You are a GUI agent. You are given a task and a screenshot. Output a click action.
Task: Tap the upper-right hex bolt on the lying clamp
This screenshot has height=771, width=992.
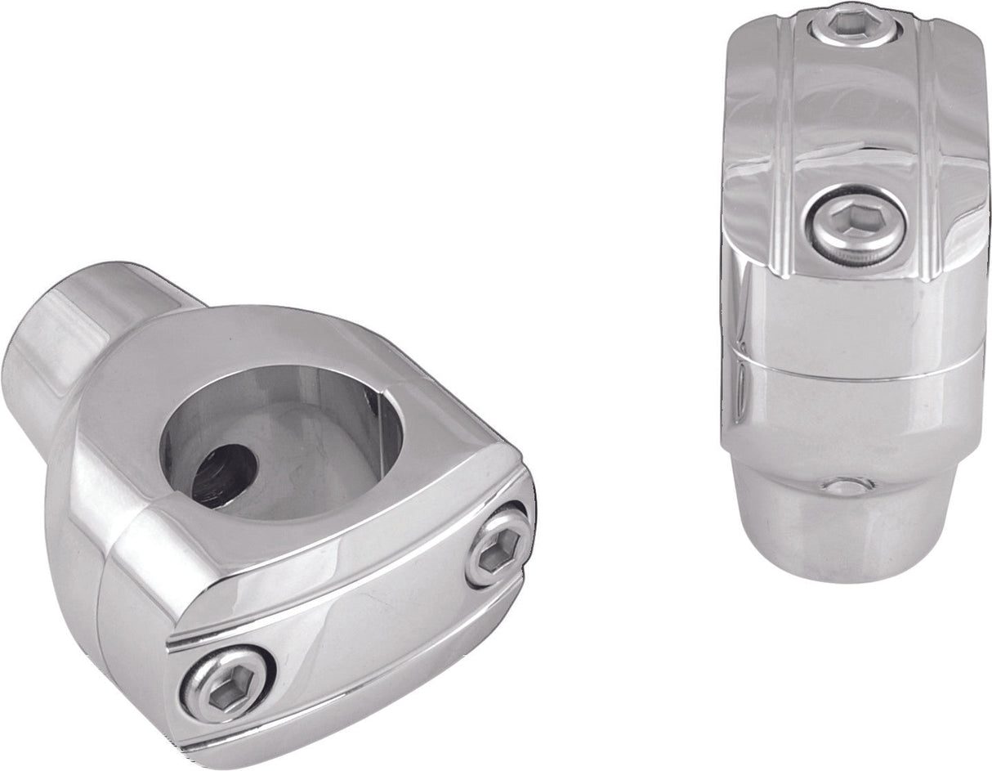[498, 545]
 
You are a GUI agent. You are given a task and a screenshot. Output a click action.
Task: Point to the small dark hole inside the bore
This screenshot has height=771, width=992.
[223, 474]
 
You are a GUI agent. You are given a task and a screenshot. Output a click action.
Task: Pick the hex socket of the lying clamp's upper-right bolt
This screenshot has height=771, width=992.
[498, 547]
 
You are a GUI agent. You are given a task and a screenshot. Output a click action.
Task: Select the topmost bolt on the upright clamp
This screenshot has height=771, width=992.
[854, 25]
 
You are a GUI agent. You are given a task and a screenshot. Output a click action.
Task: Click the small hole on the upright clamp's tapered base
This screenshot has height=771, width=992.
[847, 485]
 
